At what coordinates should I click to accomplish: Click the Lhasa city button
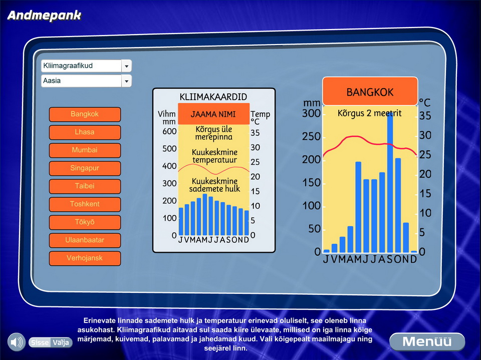pyautogui.click(x=85, y=132)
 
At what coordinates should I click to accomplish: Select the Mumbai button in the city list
pyautogui.click(x=85, y=150)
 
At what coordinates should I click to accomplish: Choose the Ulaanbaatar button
pyautogui.click(x=85, y=240)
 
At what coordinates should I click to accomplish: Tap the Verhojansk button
pyautogui.click(x=85, y=258)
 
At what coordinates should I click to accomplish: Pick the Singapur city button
pyautogui.click(x=85, y=168)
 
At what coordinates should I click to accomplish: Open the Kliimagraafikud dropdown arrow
pyautogui.click(x=126, y=66)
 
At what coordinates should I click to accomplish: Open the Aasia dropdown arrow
pyautogui.click(x=126, y=81)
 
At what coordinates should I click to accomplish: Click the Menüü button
pyautogui.click(x=427, y=341)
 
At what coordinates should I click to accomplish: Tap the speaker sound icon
pyautogui.click(x=16, y=342)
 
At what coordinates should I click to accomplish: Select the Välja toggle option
pyautogui.click(x=61, y=342)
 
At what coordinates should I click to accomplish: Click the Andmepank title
pyautogui.click(x=45, y=16)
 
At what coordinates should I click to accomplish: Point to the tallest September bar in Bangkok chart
pyautogui.click(x=390, y=183)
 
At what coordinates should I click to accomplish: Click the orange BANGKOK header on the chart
pyautogui.click(x=370, y=91)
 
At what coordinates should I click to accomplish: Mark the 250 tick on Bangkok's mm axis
pyautogui.click(x=311, y=136)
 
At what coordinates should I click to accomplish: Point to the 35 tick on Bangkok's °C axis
pyautogui.click(x=425, y=116)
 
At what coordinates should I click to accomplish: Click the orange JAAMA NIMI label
pyautogui.click(x=213, y=114)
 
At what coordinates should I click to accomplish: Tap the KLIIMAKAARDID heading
pyautogui.click(x=213, y=97)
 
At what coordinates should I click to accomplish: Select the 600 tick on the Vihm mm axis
pyautogui.click(x=169, y=131)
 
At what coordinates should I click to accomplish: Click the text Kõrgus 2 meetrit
pyautogui.click(x=369, y=113)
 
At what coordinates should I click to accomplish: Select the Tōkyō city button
pyautogui.click(x=85, y=222)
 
